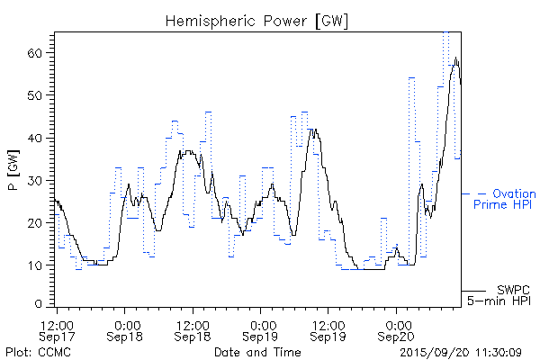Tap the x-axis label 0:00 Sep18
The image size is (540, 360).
126,329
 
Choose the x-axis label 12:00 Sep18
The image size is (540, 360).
193,329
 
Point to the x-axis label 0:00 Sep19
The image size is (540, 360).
261,329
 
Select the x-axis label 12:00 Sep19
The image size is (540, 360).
328,329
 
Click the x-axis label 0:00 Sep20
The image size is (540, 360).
396,329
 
